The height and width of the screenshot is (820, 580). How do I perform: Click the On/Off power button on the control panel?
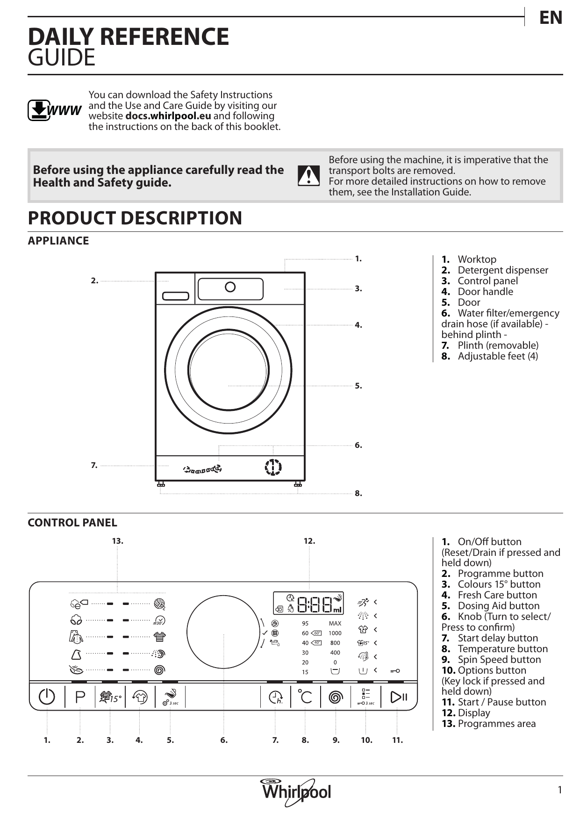click(47, 697)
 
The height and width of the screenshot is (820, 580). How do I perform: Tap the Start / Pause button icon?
click(398, 697)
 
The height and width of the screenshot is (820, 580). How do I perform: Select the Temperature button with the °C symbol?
click(305, 697)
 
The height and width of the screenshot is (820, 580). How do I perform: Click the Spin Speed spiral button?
click(336, 698)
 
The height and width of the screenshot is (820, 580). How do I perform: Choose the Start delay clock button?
click(276, 698)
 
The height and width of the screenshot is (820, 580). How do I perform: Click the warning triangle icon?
click(308, 175)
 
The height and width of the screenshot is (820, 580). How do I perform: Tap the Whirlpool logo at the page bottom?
click(296, 791)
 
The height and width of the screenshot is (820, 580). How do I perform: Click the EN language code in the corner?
click(551, 18)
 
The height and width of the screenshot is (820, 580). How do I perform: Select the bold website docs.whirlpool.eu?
click(168, 116)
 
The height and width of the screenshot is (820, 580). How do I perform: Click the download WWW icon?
click(54, 110)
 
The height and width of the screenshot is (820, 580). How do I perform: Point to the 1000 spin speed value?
click(335, 633)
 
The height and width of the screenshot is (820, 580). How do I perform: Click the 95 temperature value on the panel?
click(305, 623)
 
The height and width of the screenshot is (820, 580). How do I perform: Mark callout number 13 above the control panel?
click(117, 541)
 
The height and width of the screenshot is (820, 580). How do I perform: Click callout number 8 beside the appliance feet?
click(358, 493)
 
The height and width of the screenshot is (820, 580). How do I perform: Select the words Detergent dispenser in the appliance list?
click(502, 270)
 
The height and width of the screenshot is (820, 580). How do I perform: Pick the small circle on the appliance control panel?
click(230, 287)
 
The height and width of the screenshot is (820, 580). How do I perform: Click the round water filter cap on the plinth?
click(273, 467)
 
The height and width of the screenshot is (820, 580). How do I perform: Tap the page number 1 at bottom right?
click(559, 790)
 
